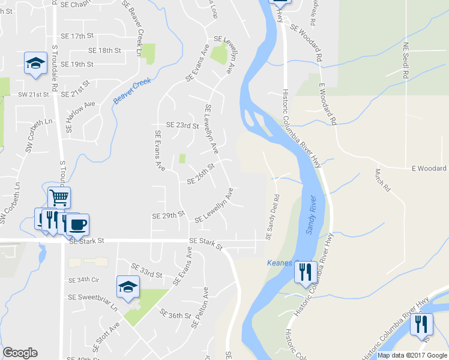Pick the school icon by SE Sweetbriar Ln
[128, 287]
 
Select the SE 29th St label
[168, 215]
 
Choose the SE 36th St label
[175, 314]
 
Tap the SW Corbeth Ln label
[33, 135]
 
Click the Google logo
[20, 353]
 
